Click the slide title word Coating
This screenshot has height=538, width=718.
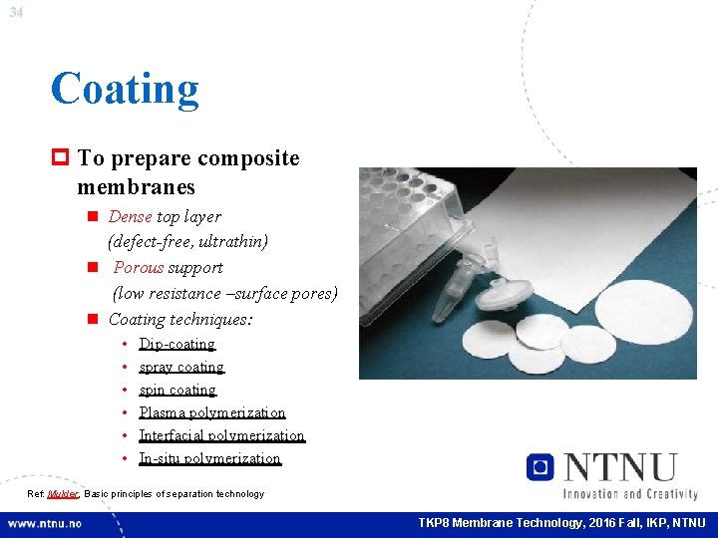coord(125,89)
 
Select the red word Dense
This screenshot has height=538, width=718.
coord(130,216)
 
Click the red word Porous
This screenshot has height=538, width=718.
coord(140,267)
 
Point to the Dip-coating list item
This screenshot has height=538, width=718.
coord(177,344)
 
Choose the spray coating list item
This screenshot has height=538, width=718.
coord(180,367)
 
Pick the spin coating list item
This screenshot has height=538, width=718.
coord(177,390)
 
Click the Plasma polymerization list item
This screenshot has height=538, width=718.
coord(211,412)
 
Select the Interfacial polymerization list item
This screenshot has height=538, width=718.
coord(221,435)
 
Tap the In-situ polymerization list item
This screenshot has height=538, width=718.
coord(209,458)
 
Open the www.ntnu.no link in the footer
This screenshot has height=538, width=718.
coord(46,523)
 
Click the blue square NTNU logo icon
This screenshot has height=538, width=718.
coord(541,467)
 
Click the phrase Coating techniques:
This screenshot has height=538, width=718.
coord(180,319)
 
